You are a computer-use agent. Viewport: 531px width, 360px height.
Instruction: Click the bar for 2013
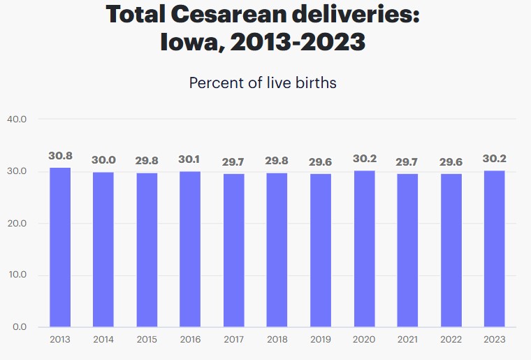pyautogui.click(x=59, y=247)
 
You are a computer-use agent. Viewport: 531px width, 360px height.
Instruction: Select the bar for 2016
pyautogui.click(x=190, y=249)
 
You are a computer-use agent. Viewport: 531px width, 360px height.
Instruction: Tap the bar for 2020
pyautogui.click(x=364, y=249)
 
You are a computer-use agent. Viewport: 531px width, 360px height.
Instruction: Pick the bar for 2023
pyautogui.click(x=494, y=249)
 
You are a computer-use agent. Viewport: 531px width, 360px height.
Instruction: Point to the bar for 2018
pyautogui.click(x=277, y=250)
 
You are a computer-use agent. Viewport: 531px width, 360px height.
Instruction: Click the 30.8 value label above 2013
pyautogui.click(x=60, y=156)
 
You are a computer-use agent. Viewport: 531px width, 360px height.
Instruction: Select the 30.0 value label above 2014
pyautogui.click(x=103, y=160)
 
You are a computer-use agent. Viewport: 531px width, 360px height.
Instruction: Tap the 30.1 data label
pyautogui.click(x=190, y=159)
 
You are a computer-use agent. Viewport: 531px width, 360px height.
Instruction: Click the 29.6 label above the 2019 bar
pyautogui.click(x=321, y=162)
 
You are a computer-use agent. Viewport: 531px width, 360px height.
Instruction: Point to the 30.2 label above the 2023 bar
pyautogui.click(x=494, y=159)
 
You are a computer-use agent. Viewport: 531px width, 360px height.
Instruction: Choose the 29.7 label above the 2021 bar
pyautogui.click(x=407, y=161)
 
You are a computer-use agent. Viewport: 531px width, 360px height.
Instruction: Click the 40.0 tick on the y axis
pyautogui.click(x=17, y=120)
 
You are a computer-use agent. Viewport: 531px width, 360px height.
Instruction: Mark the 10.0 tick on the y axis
pyautogui.click(x=17, y=275)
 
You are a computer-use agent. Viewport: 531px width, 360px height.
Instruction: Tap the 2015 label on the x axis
pyautogui.click(x=147, y=339)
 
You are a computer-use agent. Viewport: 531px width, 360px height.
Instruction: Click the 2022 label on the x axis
pyautogui.click(x=451, y=339)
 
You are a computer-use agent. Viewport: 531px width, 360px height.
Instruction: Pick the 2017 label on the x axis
pyautogui.click(x=233, y=339)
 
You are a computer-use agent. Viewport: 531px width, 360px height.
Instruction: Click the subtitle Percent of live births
pyautogui.click(x=263, y=82)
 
